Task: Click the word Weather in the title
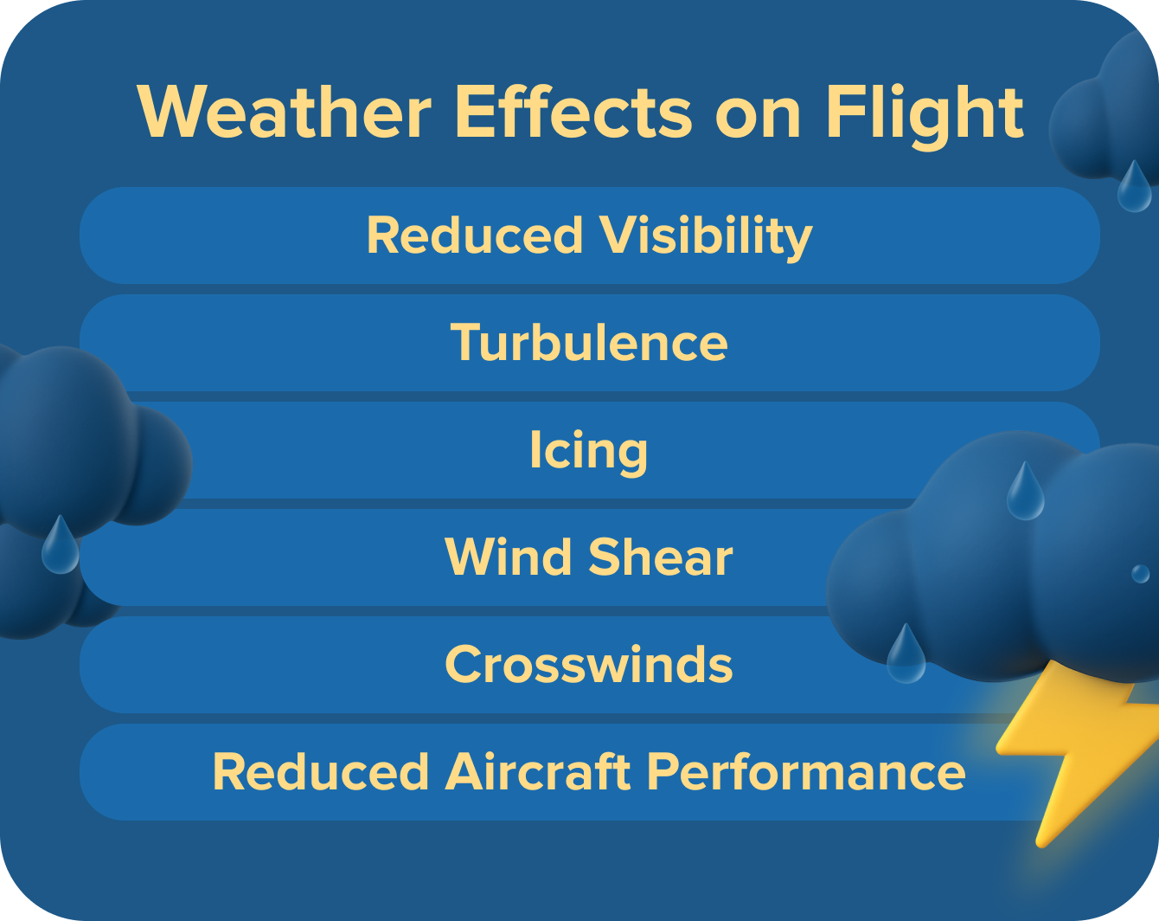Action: [x=285, y=113]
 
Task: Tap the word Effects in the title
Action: [x=573, y=113]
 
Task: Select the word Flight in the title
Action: [x=924, y=113]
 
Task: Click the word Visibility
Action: [x=707, y=235]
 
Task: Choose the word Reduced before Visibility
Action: [x=475, y=235]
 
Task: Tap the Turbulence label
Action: [x=589, y=342]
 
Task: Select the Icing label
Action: [x=588, y=451]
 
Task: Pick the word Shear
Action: [x=661, y=557]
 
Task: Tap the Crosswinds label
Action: [x=588, y=665]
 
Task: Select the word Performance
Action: [x=806, y=771]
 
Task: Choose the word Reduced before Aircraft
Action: [x=321, y=771]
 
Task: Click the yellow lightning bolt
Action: [x=1077, y=744]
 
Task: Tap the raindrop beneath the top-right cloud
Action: [x=1134, y=189]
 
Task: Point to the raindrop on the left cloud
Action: [x=60, y=547]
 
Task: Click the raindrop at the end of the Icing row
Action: [x=1025, y=493]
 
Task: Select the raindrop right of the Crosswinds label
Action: [x=906, y=656]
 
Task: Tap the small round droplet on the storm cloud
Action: [x=1141, y=573]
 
